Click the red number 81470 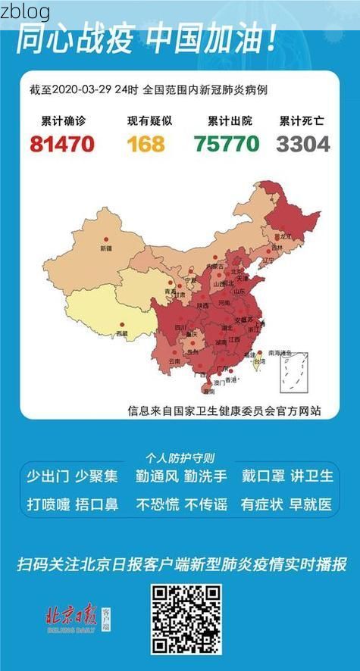62,142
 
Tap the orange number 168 146,142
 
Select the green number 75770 226,142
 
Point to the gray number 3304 303,142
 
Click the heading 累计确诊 62,121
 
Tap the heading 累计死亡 302,121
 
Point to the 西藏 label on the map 121,333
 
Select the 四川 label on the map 181,327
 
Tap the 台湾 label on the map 258,362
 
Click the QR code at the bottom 186,620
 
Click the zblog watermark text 25,11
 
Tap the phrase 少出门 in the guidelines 48,476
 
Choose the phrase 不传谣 205,504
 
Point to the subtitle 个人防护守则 180,458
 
